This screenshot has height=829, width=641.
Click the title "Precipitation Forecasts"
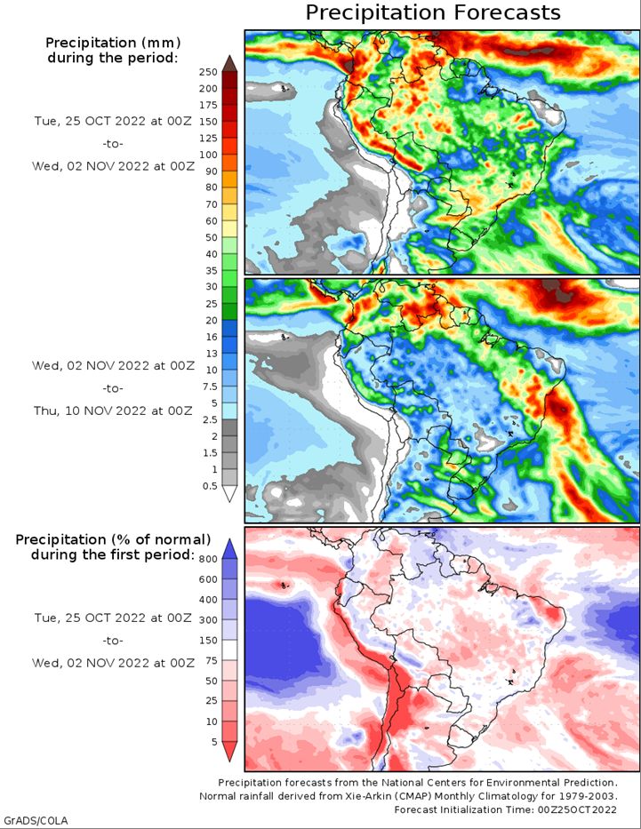click(x=433, y=12)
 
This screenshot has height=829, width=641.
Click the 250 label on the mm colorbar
click(x=208, y=72)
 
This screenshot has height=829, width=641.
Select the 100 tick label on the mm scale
click(x=208, y=155)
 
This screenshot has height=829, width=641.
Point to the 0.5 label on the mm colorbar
click(x=210, y=486)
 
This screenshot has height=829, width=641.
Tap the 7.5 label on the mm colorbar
click(x=210, y=387)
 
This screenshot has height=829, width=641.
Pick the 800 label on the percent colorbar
click(x=208, y=559)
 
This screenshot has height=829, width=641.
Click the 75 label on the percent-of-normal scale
click(x=211, y=660)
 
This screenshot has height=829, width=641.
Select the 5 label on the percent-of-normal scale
click(x=214, y=742)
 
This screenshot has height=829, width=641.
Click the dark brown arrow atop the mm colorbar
click(x=229, y=63)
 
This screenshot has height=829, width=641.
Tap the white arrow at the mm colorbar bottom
click(x=229, y=493)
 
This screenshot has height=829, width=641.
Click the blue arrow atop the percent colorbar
click(x=229, y=549)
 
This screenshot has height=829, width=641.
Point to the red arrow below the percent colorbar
click(x=229, y=752)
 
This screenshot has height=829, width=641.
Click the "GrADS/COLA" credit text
click(x=36, y=820)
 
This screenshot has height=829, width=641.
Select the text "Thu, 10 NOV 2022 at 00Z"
click(x=113, y=411)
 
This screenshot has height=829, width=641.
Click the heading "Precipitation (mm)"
click(x=113, y=43)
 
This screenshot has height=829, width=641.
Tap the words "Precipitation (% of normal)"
click(x=113, y=539)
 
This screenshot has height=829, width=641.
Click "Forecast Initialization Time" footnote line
click(x=505, y=809)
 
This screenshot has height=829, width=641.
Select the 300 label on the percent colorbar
click(x=208, y=619)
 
